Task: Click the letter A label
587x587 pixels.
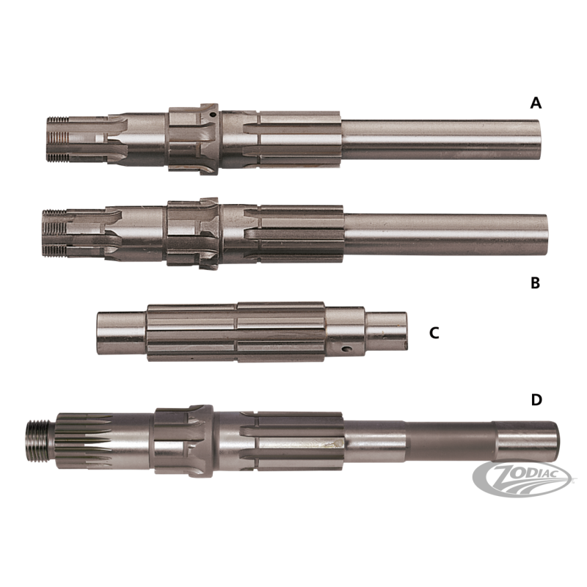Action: tap(536, 102)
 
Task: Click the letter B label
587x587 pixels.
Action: tap(536, 283)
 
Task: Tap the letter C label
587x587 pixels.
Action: tap(434, 333)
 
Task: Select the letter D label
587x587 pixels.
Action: tap(536, 400)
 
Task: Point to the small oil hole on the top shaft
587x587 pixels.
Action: tap(213, 115)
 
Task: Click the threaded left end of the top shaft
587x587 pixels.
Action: tap(58, 139)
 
